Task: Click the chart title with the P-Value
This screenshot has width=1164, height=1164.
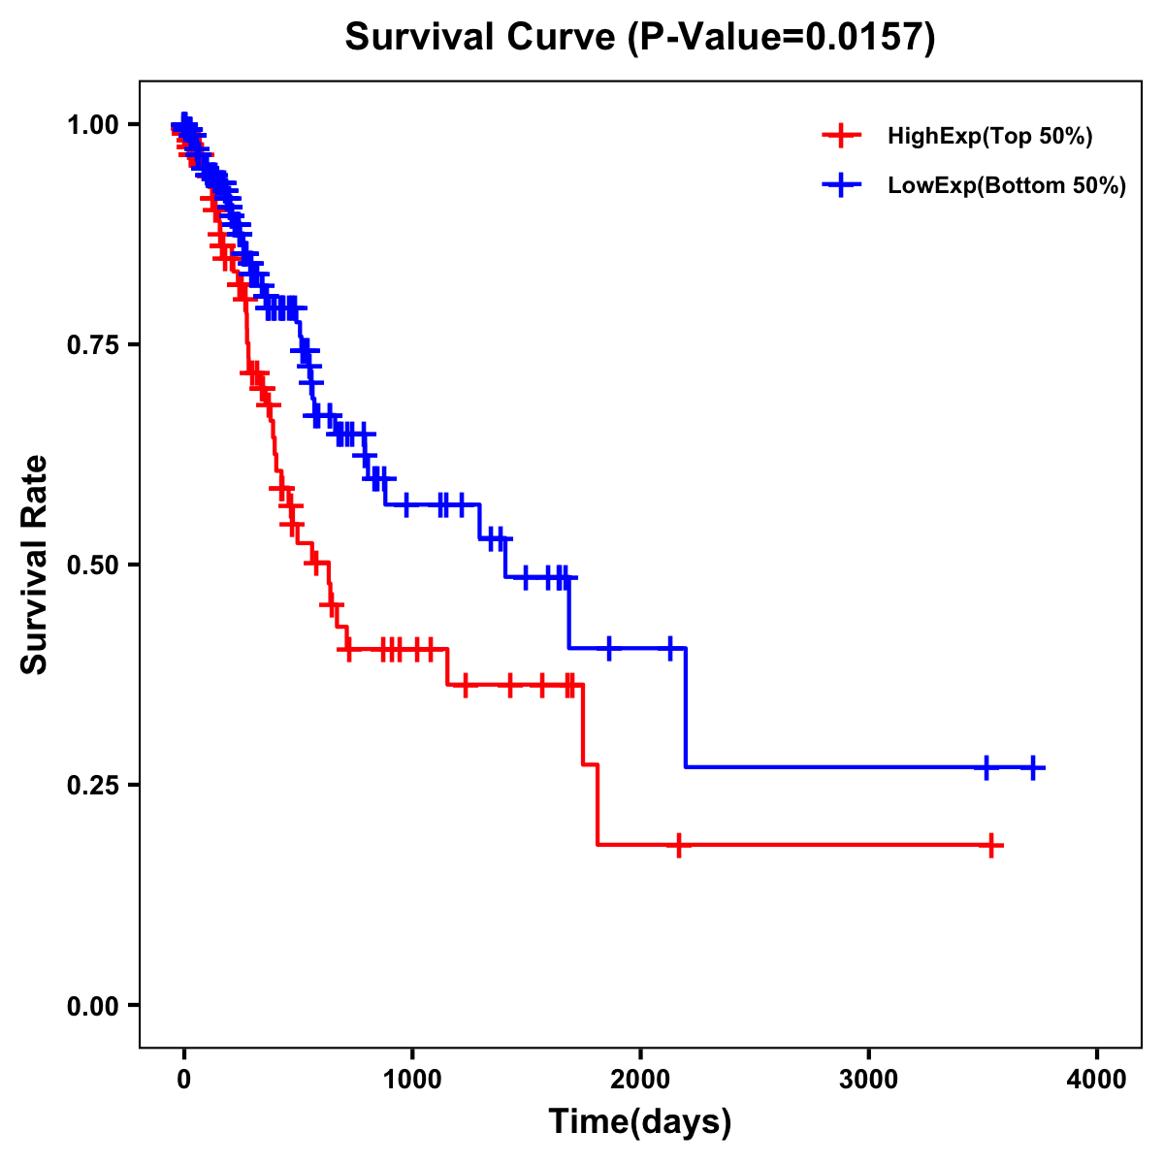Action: pos(639,38)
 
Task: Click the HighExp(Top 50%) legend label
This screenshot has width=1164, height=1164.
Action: pos(989,137)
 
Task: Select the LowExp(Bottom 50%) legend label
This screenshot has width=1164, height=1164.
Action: pos(1007,186)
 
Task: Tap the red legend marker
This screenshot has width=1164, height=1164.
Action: pos(841,136)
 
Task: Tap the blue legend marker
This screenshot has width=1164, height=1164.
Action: pos(841,184)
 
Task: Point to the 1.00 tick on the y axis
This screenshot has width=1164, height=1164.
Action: pos(92,125)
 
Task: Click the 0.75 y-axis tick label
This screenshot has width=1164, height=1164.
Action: pos(92,345)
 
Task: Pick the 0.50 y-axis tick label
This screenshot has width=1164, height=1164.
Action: pos(92,566)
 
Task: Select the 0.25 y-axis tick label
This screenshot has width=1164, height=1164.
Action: pos(92,786)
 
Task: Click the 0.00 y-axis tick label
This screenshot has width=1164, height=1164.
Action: pos(92,1006)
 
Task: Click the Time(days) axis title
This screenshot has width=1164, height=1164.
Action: pos(640,1122)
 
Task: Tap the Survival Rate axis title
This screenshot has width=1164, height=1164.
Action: pos(35,565)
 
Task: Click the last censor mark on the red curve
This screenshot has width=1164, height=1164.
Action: pos(991,846)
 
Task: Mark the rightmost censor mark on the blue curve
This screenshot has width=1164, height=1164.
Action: pos(1033,767)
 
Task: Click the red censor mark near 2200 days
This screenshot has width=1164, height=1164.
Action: pos(679,845)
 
